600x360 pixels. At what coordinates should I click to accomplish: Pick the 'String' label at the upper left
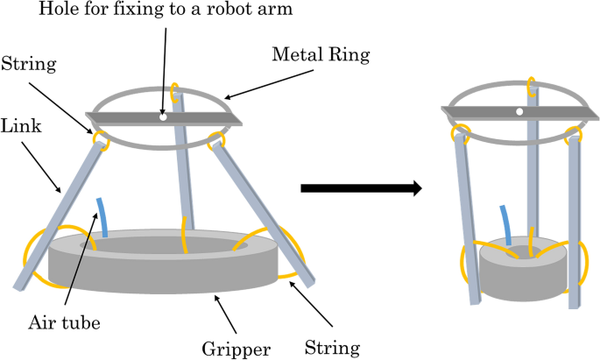(x=32, y=63)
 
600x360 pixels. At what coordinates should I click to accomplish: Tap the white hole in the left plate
(x=162, y=116)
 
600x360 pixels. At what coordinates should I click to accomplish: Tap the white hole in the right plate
(x=519, y=111)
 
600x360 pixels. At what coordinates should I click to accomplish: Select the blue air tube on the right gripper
(x=506, y=223)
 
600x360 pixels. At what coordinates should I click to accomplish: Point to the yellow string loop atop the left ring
(x=175, y=90)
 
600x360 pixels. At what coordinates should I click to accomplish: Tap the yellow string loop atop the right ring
(x=530, y=86)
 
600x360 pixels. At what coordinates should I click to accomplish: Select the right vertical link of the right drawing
(x=575, y=219)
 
